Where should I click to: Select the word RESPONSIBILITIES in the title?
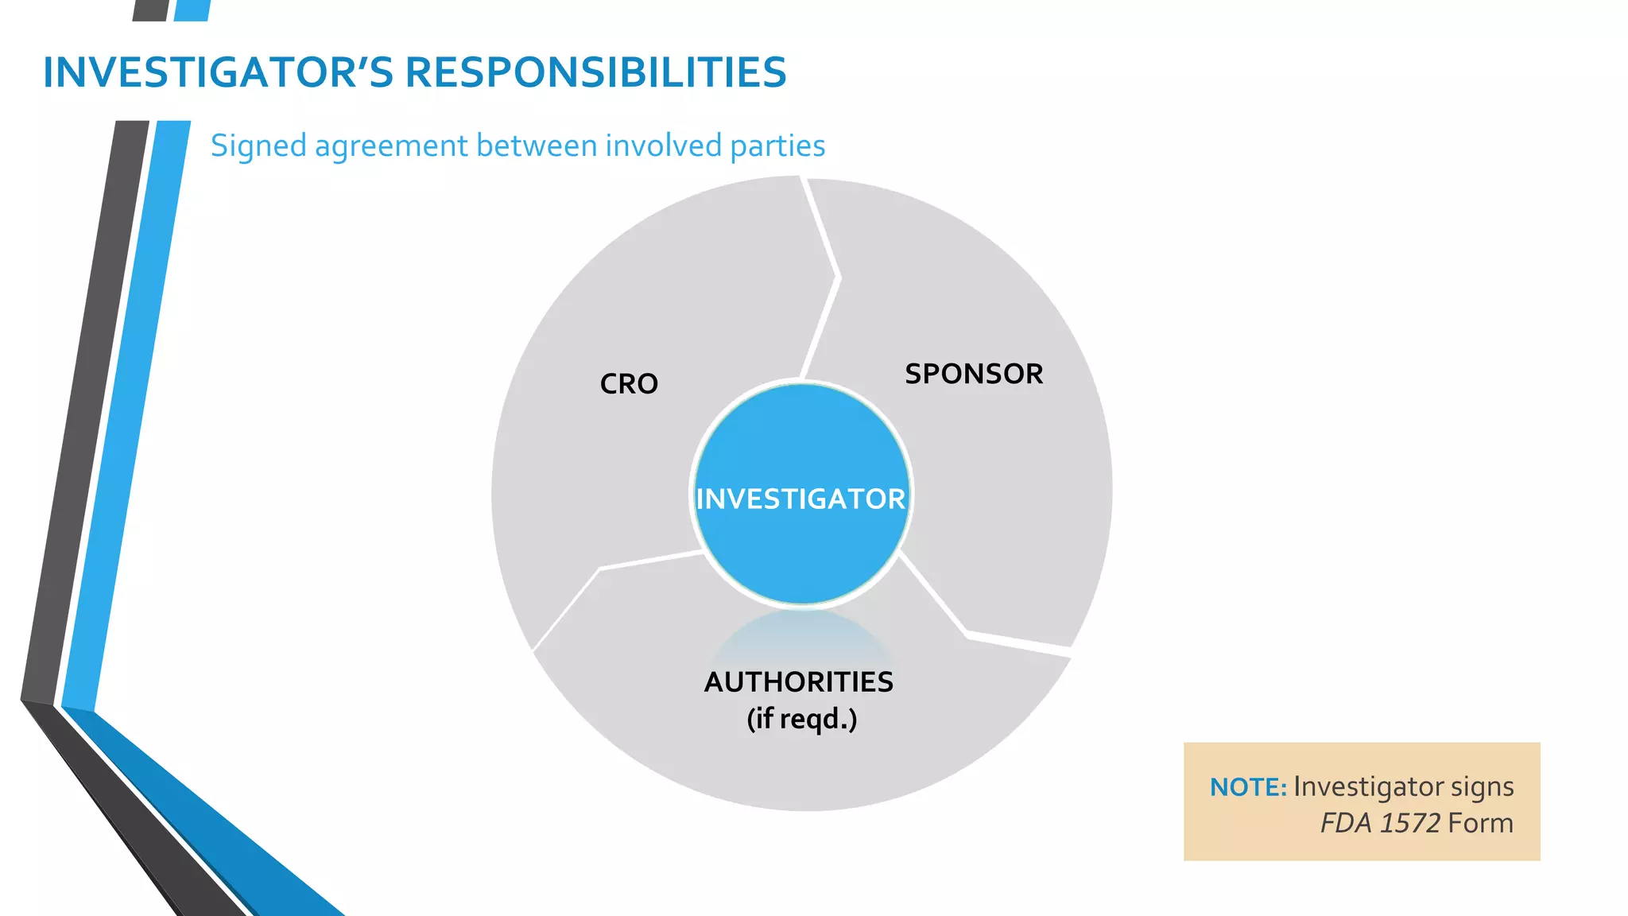pyautogui.click(x=595, y=72)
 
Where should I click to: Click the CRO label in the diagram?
pyautogui.click(x=629, y=384)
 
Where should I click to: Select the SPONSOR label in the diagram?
pyautogui.click(x=974, y=374)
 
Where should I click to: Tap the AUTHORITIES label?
pyautogui.click(x=799, y=682)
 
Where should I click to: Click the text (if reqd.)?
pyautogui.click(x=801, y=719)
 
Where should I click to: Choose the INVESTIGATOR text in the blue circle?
pyautogui.click(x=800, y=499)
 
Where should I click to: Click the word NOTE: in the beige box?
pyautogui.click(x=1248, y=787)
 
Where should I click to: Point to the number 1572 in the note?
pyautogui.click(x=1409, y=823)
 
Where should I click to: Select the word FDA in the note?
pyautogui.click(x=1346, y=823)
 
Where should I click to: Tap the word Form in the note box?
pyautogui.click(x=1480, y=823)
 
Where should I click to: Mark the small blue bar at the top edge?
pyautogui.click(x=192, y=10)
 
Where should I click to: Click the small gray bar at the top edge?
pyautogui.click(x=151, y=10)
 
